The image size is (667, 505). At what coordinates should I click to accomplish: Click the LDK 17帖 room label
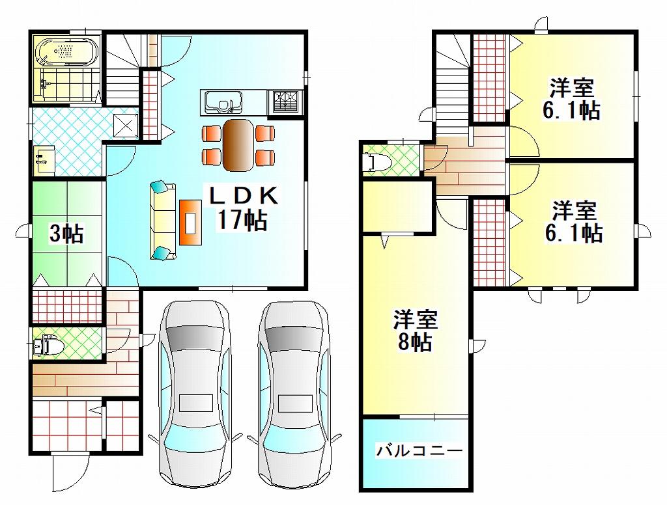coord(244,208)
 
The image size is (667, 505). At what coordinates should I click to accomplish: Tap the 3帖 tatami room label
coord(67,233)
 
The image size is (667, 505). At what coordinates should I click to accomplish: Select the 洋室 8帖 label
coord(415,331)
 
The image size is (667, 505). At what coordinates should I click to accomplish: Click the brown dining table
coord(238,145)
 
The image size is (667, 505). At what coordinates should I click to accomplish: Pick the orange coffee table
coord(190,223)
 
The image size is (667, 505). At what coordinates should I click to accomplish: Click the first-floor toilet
coord(48,345)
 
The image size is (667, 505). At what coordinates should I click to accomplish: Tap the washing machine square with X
coord(126,126)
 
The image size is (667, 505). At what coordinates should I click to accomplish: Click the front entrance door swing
coord(70,472)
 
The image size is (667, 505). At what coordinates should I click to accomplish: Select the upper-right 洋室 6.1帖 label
coord(571,99)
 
